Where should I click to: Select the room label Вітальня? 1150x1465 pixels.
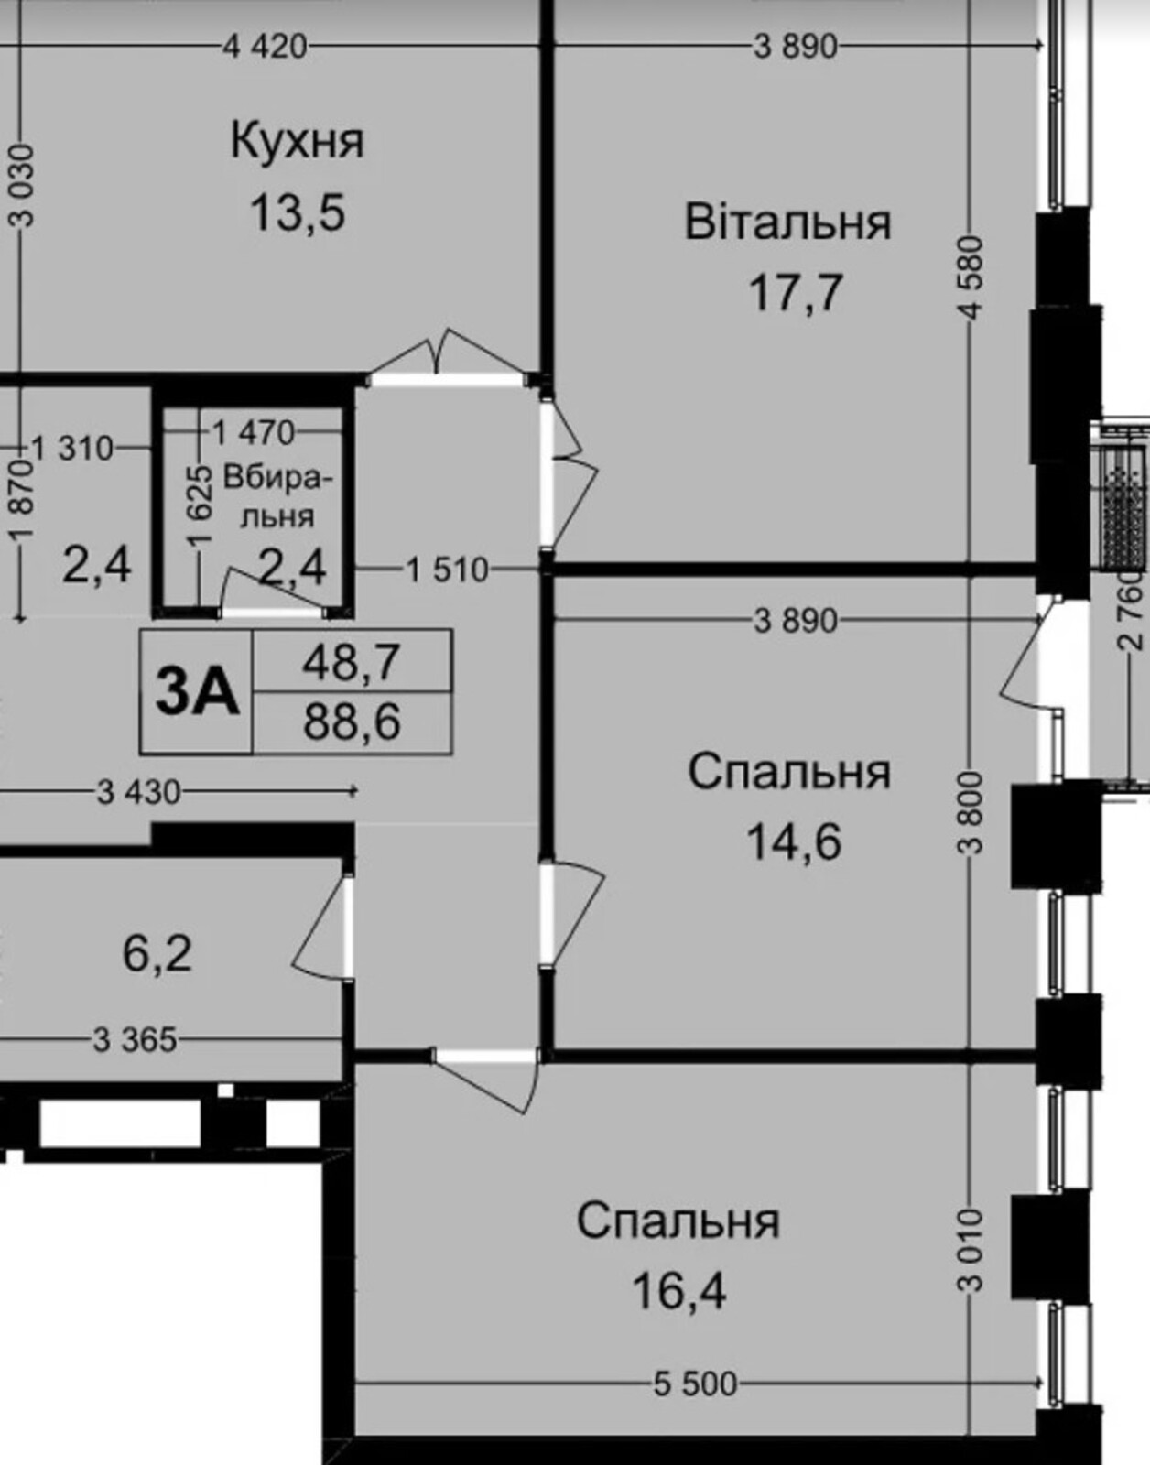tap(788, 222)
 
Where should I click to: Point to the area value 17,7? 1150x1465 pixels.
tap(796, 293)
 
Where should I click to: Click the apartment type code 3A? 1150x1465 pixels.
tap(197, 691)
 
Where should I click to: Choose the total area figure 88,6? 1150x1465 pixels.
tap(352, 722)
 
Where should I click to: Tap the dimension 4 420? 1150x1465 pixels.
tap(265, 48)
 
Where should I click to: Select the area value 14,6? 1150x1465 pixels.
tap(794, 842)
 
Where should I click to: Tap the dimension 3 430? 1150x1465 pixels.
tap(139, 792)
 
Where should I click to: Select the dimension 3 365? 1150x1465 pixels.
tap(135, 1039)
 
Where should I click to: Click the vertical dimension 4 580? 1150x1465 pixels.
tap(973, 277)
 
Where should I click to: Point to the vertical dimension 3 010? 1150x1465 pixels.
tap(971, 1249)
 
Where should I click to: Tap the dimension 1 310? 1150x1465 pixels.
tap(72, 449)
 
